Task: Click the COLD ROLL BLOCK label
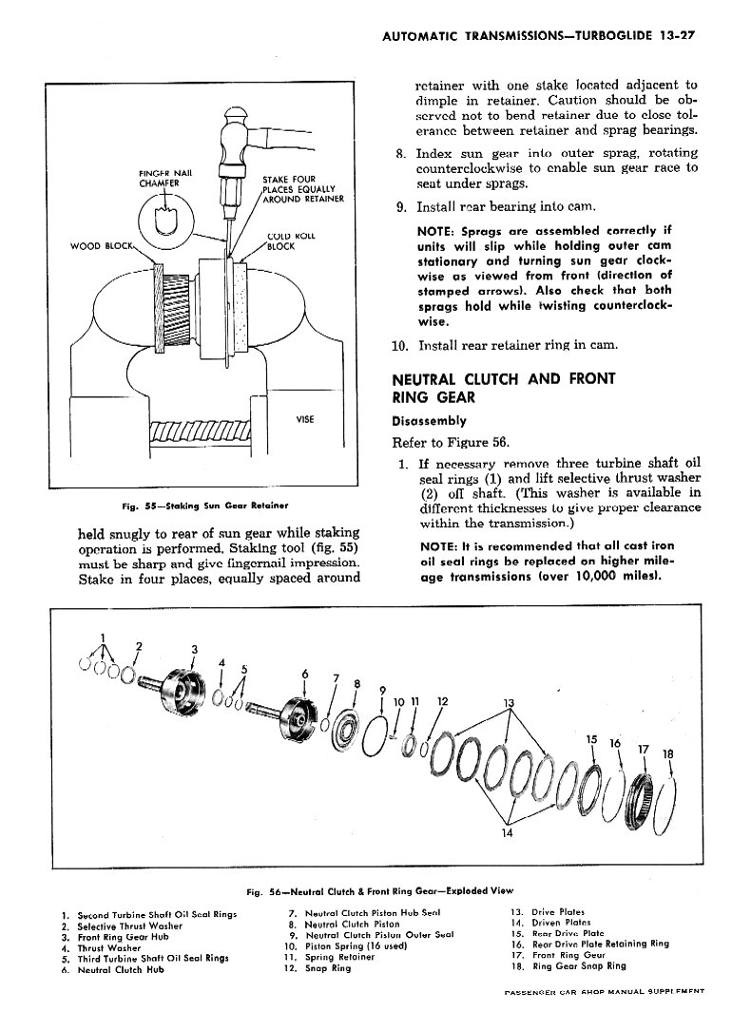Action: point(286,241)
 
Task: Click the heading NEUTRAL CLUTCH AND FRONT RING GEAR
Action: point(503,387)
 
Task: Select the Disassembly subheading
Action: point(429,421)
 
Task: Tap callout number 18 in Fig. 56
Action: point(666,756)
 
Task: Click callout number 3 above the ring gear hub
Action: point(194,650)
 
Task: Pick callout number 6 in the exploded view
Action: point(305,674)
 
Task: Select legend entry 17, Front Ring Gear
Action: point(555,955)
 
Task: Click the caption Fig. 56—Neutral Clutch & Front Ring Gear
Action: point(379,892)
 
